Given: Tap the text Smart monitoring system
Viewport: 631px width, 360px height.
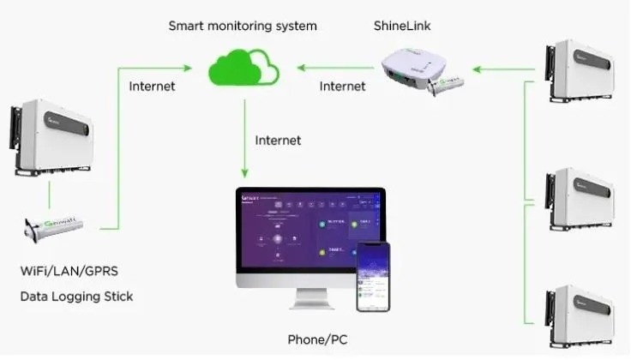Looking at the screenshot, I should click(x=243, y=26).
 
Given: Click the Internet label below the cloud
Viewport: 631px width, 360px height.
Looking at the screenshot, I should click(x=279, y=138).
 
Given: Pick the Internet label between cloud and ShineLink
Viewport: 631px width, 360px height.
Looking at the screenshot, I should click(x=342, y=86).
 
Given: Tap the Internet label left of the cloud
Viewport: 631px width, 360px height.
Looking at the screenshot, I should click(x=153, y=86).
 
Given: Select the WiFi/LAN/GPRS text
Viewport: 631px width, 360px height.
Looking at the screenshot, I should click(x=70, y=273).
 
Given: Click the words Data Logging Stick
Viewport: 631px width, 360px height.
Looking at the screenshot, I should click(x=76, y=297).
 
